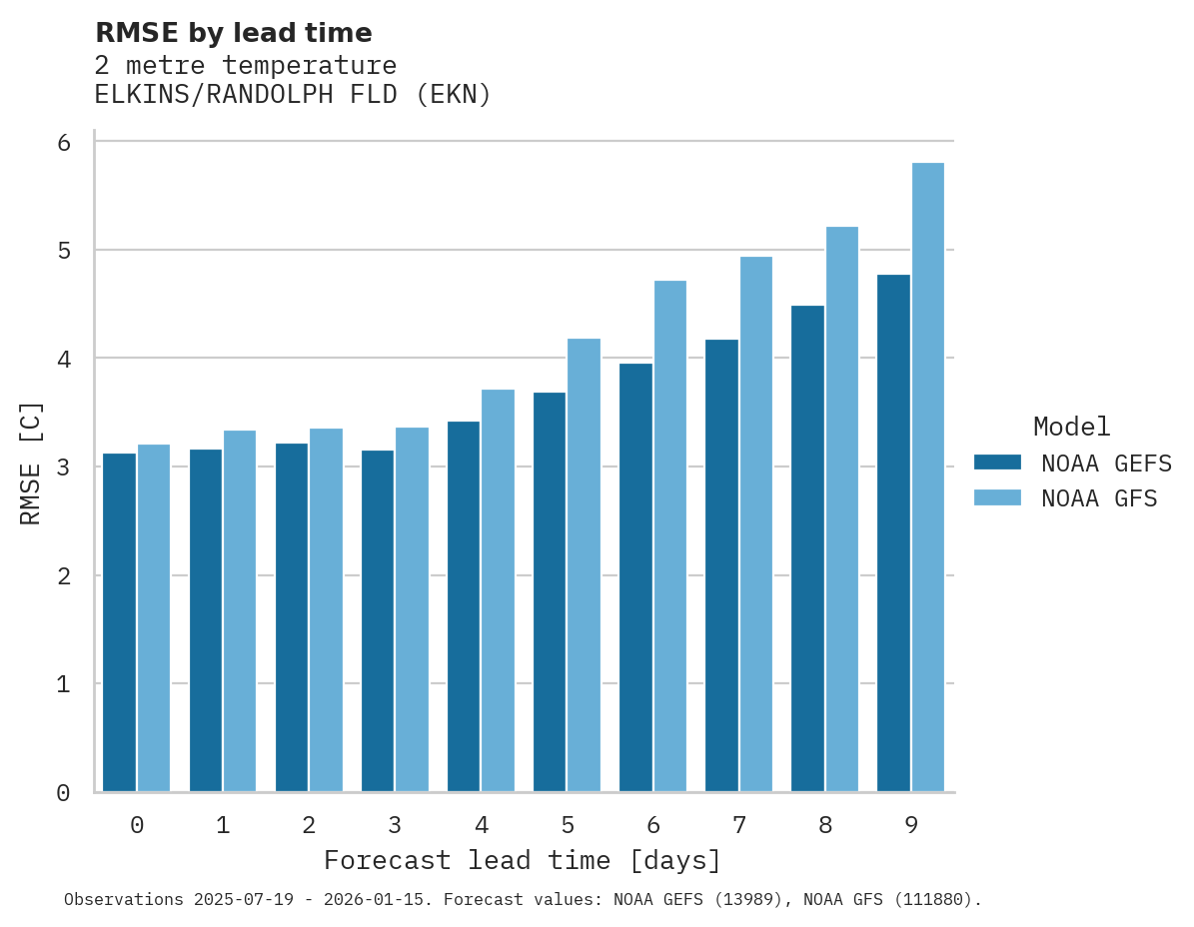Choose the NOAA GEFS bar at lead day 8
tap(807, 548)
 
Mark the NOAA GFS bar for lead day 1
tap(240, 611)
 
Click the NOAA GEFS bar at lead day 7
tap(721, 565)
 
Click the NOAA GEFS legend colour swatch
tap(997, 463)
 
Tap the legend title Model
tap(1071, 428)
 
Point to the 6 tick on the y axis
tap(64, 143)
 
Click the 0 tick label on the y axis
tap(64, 793)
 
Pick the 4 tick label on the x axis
tap(482, 826)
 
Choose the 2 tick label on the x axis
tap(310, 826)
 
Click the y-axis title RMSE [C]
tap(31, 463)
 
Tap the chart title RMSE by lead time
tap(233, 33)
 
